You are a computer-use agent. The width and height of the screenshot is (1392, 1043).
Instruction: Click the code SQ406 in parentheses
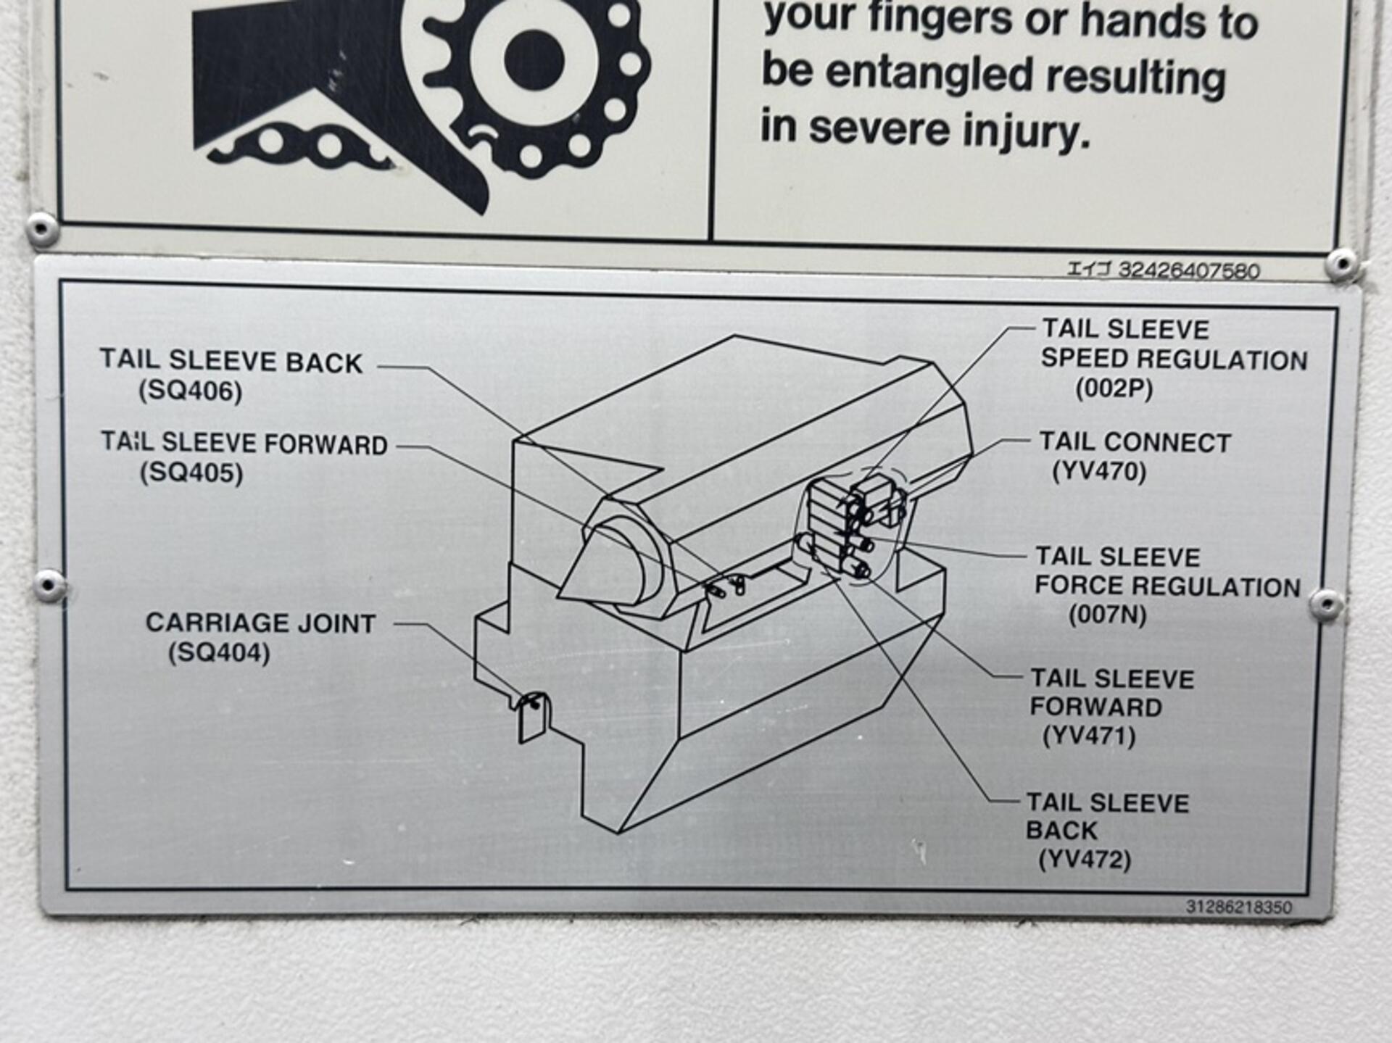click(x=191, y=391)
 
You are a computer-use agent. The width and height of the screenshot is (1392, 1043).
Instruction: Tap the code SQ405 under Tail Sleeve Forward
click(x=191, y=473)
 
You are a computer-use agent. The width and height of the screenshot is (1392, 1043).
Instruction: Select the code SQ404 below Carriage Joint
click(x=219, y=653)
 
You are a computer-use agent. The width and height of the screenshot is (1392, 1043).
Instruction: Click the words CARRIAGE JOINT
click(x=260, y=623)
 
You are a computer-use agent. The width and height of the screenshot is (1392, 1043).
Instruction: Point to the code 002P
click(x=1114, y=389)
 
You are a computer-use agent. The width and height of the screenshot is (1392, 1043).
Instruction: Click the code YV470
click(x=1099, y=472)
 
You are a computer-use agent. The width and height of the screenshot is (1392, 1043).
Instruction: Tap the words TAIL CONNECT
click(x=1135, y=442)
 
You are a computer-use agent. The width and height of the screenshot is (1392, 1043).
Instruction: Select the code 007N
click(x=1108, y=615)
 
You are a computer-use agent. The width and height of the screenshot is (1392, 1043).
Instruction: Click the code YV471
click(x=1089, y=736)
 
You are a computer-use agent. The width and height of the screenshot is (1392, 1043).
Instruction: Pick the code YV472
click(x=1085, y=860)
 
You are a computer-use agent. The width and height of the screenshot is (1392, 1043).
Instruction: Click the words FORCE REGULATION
click(x=1167, y=586)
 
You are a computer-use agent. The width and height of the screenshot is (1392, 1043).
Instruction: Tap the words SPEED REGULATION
click(x=1174, y=360)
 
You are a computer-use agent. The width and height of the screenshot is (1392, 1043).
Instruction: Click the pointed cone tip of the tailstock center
click(x=559, y=596)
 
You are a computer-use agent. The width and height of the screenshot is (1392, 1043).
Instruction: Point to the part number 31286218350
click(x=1238, y=907)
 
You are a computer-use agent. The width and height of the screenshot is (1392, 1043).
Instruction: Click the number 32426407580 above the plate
click(x=1189, y=270)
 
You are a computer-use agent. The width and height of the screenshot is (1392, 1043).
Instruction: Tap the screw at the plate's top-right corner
click(x=1342, y=263)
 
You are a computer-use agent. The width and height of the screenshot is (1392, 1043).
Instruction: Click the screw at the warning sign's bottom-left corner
click(x=41, y=229)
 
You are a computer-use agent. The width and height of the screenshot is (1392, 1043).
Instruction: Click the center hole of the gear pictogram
click(x=534, y=61)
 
